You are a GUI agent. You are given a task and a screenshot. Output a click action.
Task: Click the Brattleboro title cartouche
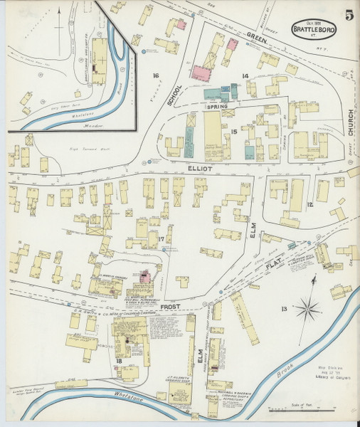[310, 29]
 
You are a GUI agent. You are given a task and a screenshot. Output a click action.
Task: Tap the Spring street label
[217, 107]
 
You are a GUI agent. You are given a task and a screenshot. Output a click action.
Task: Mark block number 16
[154, 75]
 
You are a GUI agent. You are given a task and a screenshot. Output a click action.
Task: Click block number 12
[309, 205]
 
